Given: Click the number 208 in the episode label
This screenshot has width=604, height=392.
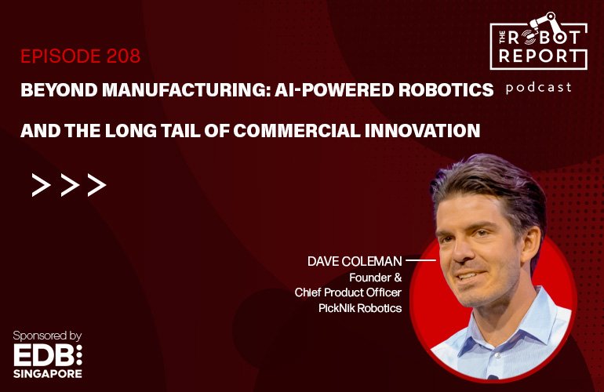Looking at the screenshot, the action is point(123,56).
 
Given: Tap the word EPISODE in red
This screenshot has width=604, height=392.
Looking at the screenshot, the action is point(61,56).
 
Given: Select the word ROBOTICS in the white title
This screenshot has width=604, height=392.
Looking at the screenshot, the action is point(446,90).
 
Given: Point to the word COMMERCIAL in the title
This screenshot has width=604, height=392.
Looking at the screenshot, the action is point(297,131).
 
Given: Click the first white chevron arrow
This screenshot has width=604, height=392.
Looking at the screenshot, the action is point(41,185).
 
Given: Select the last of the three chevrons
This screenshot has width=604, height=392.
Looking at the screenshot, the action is point(96,185).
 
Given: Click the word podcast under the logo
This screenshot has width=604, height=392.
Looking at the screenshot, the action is point(539,88).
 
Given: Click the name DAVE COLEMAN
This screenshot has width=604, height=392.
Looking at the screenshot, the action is point(355,261).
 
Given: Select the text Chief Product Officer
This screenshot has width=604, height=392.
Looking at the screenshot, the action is point(348,292).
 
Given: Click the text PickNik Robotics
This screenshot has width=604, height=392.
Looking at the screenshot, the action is point(360,308).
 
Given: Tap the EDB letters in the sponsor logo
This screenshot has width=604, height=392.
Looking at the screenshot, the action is point(43,354).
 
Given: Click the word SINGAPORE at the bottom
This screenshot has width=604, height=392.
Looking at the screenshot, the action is point(48,373).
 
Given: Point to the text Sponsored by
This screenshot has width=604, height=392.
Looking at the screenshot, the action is point(47,336).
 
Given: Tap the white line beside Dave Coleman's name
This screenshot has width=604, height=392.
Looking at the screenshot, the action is point(420,260).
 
